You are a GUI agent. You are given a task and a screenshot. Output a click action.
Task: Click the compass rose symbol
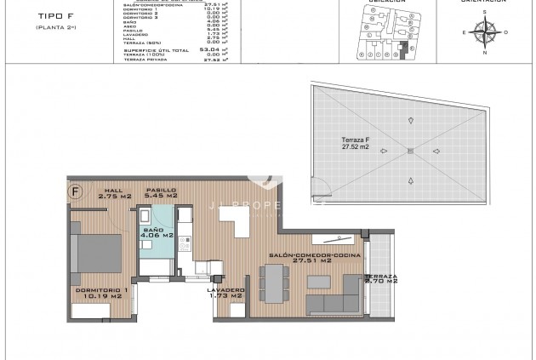coord(485,33)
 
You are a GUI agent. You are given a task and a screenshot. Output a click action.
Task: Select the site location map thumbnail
coord(379,32)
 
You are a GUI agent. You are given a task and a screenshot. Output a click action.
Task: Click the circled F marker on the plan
coord(76,191)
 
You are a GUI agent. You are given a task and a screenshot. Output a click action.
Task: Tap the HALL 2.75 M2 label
coord(112,193)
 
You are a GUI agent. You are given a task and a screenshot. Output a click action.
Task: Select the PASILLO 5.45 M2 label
coord(161,193)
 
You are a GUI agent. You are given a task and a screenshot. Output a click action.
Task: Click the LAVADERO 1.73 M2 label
coord(226,294)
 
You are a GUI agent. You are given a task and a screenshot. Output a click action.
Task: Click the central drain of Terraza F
coord(409,151)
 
